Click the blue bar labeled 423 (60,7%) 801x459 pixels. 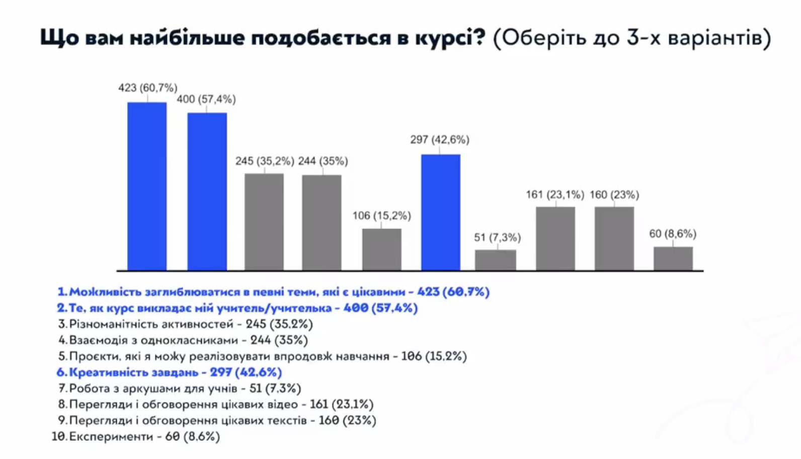coord(147,186)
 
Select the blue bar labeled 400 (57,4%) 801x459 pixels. coord(207,191)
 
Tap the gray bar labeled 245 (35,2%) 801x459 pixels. coord(264,222)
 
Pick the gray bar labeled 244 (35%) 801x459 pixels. coord(322,222)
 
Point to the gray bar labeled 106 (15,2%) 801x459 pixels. coord(381,250)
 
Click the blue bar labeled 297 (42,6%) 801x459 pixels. coord(440,212)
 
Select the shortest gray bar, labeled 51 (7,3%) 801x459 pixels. coord(496,260)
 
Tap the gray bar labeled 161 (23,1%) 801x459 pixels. coord(555,239)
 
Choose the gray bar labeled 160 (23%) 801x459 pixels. coord(614,239)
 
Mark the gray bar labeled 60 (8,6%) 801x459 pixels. coord(673,258)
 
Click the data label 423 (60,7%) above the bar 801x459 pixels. coord(148,88)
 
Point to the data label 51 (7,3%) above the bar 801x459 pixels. coord(497,238)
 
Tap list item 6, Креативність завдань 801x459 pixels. coord(169,372)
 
